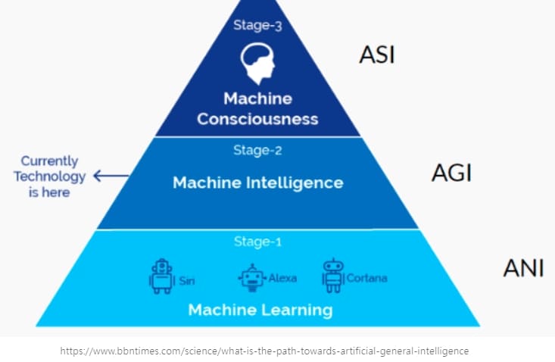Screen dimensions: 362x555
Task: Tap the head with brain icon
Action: [x=257, y=63]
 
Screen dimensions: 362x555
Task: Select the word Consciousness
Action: [x=257, y=119]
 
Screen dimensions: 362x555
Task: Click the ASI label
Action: [x=376, y=55]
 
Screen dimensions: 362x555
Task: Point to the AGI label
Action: [x=451, y=173]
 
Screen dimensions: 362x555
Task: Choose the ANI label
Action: [x=523, y=268]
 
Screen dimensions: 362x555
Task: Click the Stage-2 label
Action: [x=257, y=150]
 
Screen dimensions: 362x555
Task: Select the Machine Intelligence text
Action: [x=257, y=183]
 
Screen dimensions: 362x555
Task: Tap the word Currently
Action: [x=49, y=161]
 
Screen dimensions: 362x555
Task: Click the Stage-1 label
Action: [x=257, y=242]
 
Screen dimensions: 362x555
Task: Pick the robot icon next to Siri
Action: [x=161, y=276]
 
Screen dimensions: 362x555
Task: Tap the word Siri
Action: [x=186, y=281]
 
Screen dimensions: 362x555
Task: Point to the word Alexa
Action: [x=282, y=278]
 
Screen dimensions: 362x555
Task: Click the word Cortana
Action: [x=366, y=278]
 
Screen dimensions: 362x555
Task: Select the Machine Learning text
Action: [x=260, y=310]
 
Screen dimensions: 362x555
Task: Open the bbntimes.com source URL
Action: [x=264, y=351]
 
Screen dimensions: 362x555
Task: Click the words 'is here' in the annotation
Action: [x=50, y=192]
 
